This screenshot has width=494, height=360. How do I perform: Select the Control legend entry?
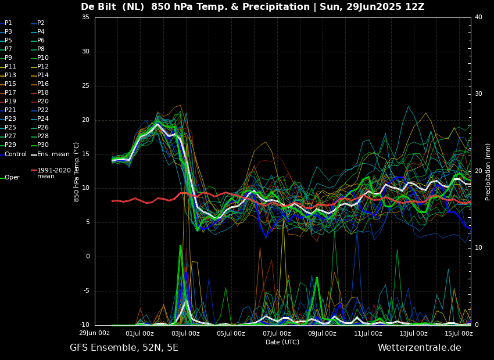[13, 154]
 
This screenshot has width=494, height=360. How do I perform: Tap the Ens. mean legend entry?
[50, 154]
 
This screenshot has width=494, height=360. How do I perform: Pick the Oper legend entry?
[10, 178]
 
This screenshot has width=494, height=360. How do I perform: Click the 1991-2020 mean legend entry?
[51, 173]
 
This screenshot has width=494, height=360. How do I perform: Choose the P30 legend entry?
[40, 145]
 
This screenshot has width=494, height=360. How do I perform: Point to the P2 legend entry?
[38, 23]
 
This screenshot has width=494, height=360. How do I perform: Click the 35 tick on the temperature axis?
[85, 17]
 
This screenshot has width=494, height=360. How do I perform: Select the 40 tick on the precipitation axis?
[478, 17]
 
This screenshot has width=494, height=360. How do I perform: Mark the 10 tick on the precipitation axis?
[478, 248]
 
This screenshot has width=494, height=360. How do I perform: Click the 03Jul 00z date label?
[185, 333]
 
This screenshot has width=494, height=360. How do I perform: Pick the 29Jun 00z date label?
[94, 333]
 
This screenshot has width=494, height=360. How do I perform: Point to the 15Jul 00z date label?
[459, 333]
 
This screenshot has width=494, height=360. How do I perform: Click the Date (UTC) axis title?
[282, 342]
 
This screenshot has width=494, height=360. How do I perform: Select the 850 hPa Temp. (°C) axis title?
[76, 172]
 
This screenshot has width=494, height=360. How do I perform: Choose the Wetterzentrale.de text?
[420, 348]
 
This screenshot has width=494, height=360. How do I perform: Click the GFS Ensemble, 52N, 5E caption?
[124, 348]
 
